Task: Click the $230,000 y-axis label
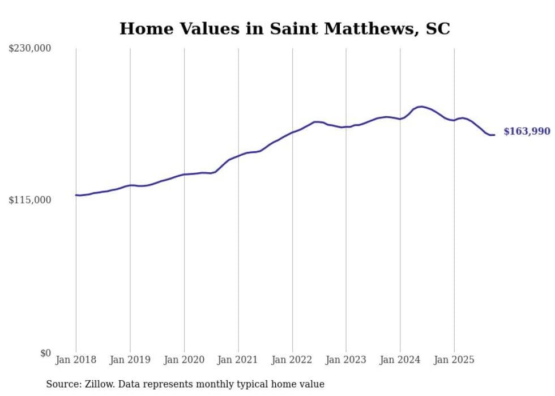tap(29, 49)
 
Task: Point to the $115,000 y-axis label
tap(29, 200)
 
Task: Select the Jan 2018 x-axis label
tap(76, 360)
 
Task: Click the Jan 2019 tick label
tap(130, 360)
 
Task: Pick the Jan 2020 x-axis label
tap(184, 360)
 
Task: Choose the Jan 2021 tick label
tap(238, 360)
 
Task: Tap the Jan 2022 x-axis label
tap(292, 360)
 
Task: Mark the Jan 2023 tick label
tap(346, 360)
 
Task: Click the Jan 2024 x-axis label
tap(400, 360)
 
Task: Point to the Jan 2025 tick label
tap(454, 360)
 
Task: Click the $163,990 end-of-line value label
tap(527, 131)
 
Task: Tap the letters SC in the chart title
tap(437, 29)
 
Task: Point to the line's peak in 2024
tap(421, 107)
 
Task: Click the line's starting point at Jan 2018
tap(76, 195)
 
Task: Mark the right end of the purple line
tap(494, 135)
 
